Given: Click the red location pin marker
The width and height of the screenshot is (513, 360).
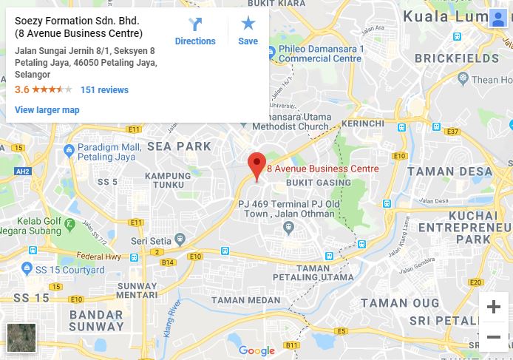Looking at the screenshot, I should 256,165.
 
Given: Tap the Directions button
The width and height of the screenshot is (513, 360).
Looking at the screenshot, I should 195,32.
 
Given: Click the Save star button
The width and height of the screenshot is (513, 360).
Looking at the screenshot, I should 248,32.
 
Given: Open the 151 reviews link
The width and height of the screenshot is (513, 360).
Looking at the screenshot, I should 104,90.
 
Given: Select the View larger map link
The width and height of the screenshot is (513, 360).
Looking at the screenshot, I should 47,110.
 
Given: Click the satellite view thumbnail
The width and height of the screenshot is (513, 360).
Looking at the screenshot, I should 21,338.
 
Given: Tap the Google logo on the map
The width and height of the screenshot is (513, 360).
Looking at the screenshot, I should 256,351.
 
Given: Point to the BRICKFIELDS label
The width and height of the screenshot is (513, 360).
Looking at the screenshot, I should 452,58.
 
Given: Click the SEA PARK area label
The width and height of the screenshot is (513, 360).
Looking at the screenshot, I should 179,146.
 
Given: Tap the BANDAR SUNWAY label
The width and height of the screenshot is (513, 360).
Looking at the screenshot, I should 96,320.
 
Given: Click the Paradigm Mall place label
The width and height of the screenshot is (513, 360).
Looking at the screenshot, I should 109,152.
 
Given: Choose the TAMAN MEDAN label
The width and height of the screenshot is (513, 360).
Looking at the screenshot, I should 246,300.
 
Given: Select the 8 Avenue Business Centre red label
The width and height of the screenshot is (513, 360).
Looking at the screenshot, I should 322,169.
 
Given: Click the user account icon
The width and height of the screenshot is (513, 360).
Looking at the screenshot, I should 497,18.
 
